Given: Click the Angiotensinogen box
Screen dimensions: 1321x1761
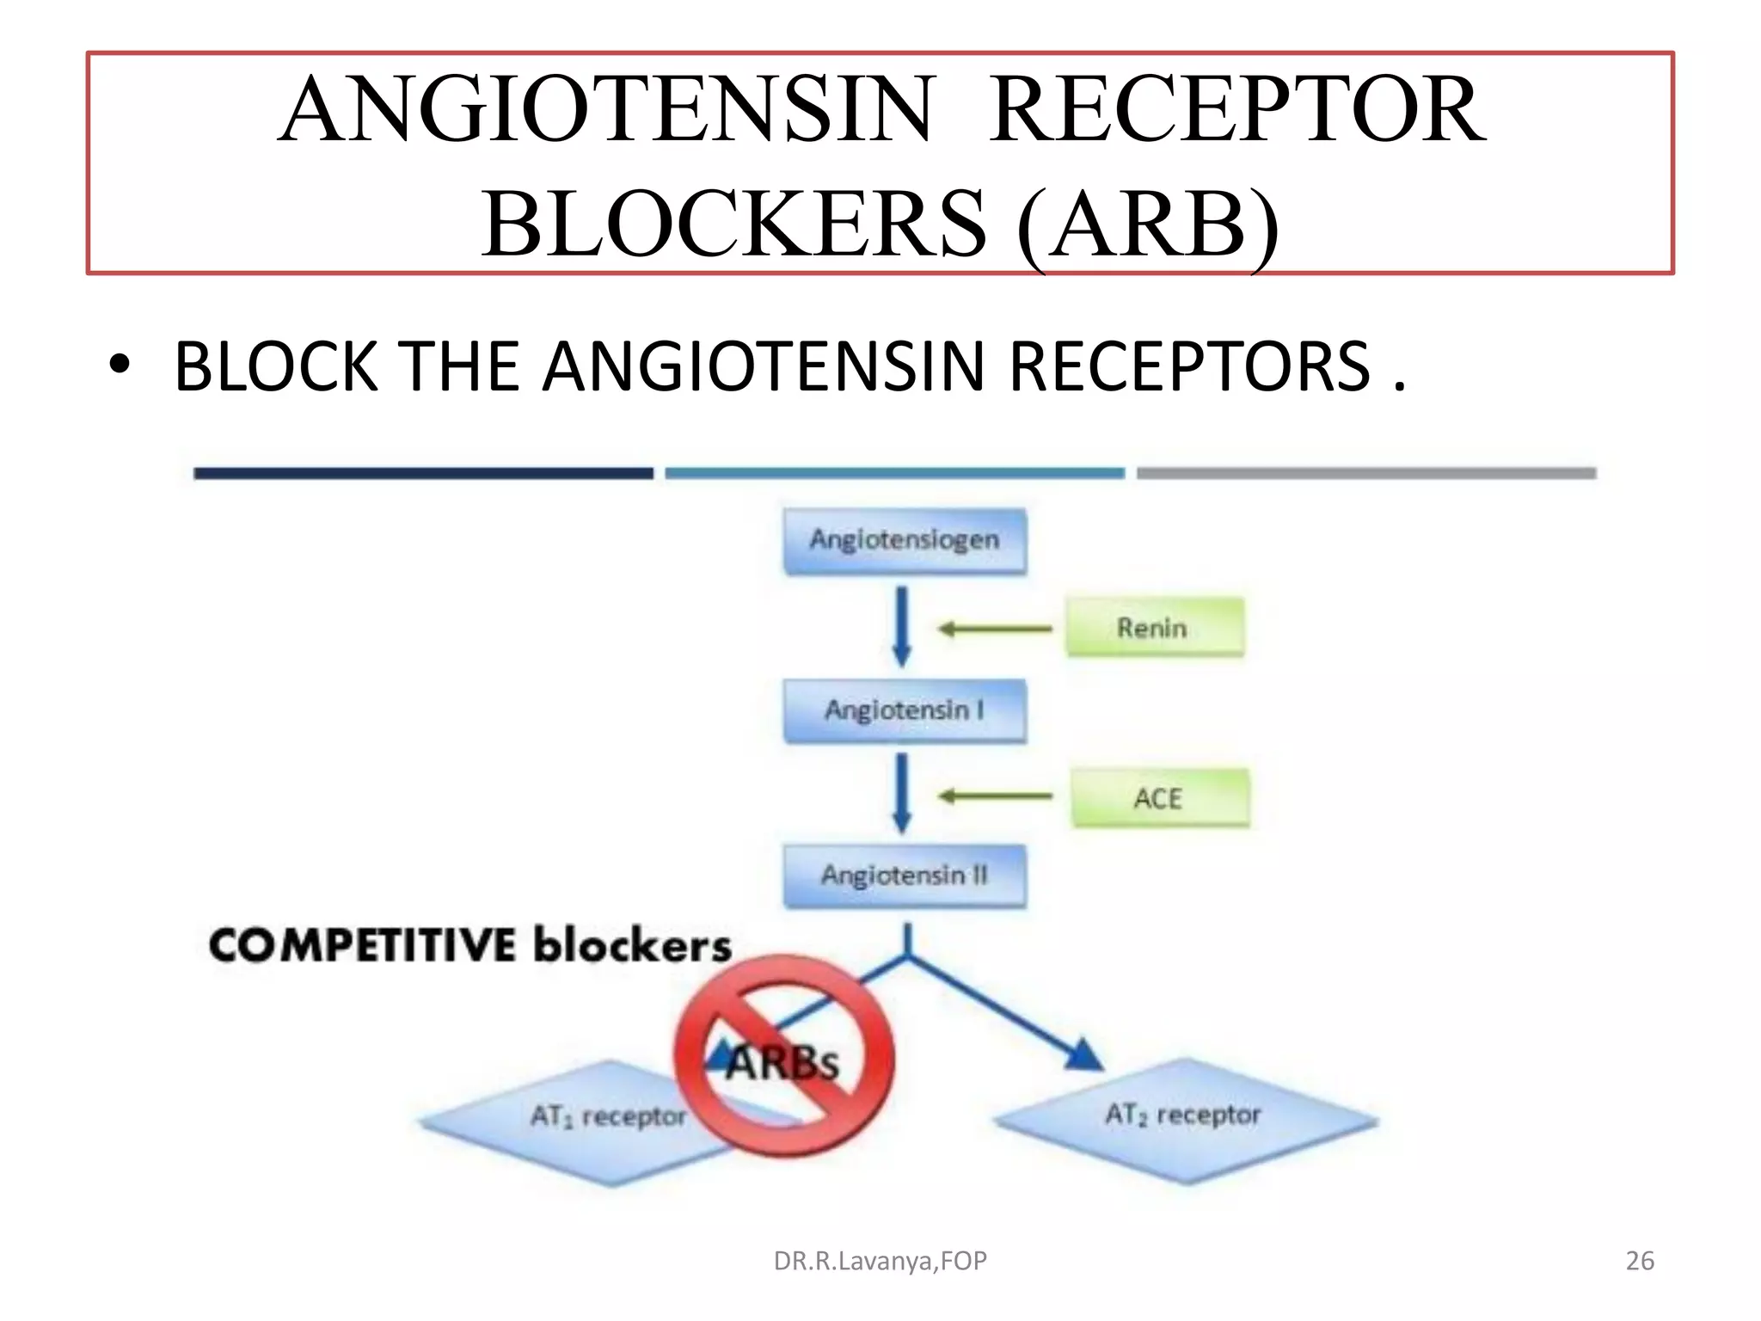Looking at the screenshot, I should (x=905, y=540).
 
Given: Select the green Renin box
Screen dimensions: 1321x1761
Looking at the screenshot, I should (x=1154, y=627).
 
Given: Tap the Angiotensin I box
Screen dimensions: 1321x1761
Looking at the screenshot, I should (x=905, y=710).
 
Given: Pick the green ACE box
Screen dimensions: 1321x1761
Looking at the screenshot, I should (x=1159, y=798).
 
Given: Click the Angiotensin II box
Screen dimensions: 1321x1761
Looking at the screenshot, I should (x=905, y=876).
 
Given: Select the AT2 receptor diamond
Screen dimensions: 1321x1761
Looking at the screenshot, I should (x=1185, y=1118).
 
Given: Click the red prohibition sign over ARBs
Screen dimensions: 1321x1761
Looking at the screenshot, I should (x=784, y=1055).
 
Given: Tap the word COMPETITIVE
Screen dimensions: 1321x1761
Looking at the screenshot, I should (x=362, y=945).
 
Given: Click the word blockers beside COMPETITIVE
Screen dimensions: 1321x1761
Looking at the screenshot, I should (x=632, y=945).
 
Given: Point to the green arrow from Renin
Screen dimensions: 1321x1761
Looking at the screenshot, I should (x=995, y=629).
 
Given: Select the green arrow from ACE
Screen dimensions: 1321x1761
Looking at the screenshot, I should (x=995, y=796).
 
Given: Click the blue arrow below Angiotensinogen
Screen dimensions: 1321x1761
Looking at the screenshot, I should (x=901, y=626).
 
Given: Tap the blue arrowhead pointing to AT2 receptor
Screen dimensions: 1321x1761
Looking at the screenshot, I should (x=1085, y=1054).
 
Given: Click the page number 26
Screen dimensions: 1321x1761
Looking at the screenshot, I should (x=1639, y=1261).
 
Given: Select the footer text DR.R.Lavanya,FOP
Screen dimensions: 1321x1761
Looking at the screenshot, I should (x=880, y=1261).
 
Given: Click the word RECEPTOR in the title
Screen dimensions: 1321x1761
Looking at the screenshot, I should (x=1236, y=110).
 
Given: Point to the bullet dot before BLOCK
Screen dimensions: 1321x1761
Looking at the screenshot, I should (x=120, y=366).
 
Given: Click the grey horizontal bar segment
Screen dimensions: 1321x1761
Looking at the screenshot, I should (x=1365, y=473).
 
